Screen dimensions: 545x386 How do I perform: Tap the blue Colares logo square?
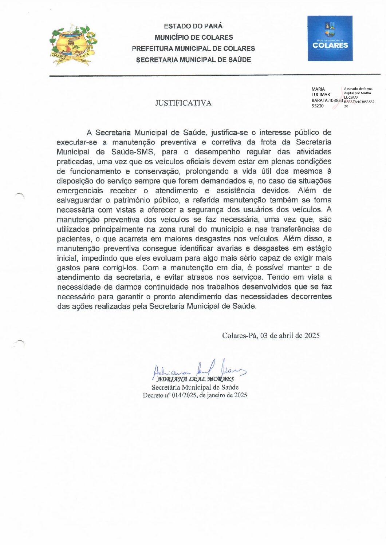coord(330,38)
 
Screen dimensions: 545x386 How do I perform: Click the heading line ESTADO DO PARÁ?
coord(193,26)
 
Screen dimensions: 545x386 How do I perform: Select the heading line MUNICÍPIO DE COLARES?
coord(193,37)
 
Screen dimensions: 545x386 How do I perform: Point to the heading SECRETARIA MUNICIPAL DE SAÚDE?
coord(193,60)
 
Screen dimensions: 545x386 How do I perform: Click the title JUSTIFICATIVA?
coord(183,103)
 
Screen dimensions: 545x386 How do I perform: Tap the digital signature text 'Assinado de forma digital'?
coord(358,91)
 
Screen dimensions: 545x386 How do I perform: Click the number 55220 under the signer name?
coord(318,106)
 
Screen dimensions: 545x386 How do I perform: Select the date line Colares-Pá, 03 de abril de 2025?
coord(271,336)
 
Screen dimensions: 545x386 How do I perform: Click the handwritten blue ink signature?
coord(198,369)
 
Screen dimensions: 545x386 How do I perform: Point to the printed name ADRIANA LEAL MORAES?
coord(196,379)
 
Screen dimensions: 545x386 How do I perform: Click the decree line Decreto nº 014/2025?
coord(195,395)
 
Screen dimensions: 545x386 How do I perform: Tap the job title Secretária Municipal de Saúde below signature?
coord(195,387)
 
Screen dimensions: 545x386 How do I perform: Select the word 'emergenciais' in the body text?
coord(80,191)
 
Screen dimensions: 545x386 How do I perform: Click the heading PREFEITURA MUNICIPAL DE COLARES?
coord(193,48)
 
